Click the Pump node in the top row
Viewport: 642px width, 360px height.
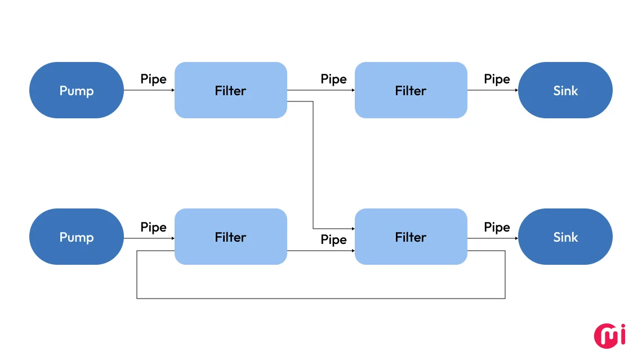tap(76, 90)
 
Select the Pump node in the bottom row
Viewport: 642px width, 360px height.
tap(76, 237)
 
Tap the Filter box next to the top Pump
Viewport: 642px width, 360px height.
tap(230, 90)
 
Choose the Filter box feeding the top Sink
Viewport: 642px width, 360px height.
tap(411, 90)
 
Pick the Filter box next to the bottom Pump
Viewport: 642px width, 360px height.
tap(230, 237)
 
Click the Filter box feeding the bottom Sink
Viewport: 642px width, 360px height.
tap(411, 237)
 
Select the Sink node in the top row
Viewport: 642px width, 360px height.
tap(565, 90)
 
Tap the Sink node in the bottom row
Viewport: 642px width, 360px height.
tap(565, 237)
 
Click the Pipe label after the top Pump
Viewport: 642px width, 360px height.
tap(153, 79)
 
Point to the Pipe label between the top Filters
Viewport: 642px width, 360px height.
tap(333, 79)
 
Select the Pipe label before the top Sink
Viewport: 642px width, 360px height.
tap(497, 79)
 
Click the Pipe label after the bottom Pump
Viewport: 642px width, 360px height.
tap(153, 227)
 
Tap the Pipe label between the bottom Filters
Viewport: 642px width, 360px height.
tap(333, 239)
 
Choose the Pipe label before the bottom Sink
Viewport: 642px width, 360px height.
tap(497, 227)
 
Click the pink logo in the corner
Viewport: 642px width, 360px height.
tap(610, 335)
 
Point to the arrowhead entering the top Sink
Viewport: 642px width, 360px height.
tap(516, 90)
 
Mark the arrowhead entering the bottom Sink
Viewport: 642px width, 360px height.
tap(516, 238)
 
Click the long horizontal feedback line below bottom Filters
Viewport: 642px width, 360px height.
tap(321, 298)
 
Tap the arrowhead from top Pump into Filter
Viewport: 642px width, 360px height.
tap(172, 90)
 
